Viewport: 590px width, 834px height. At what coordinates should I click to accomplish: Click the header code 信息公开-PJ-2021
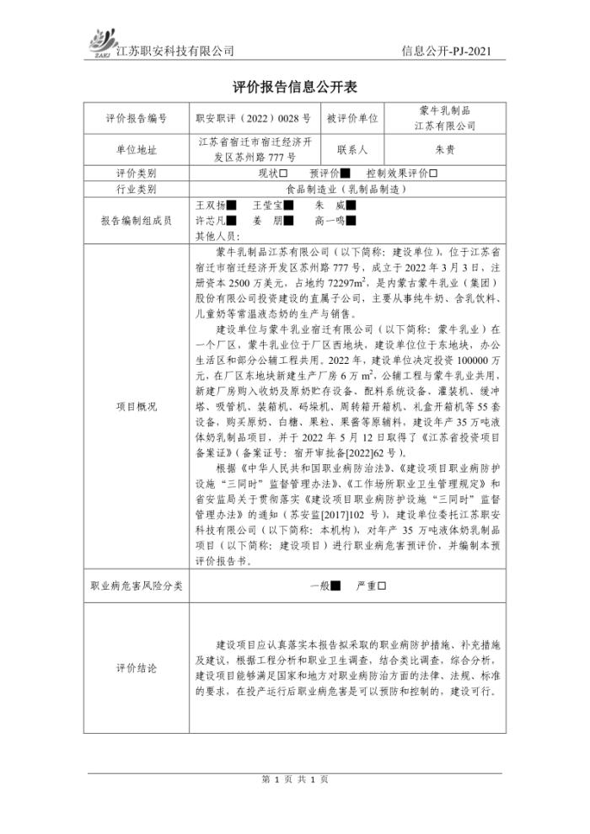pyautogui.click(x=446, y=51)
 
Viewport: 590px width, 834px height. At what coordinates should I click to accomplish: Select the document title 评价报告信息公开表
pyautogui.click(x=294, y=87)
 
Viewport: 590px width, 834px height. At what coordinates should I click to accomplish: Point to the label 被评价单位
pyautogui.click(x=353, y=119)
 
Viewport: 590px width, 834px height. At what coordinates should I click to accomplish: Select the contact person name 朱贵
pyautogui.click(x=444, y=150)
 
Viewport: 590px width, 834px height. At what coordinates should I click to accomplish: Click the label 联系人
pyautogui.click(x=353, y=150)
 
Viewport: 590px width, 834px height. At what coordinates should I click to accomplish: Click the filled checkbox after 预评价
pyautogui.click(x=333, y=174)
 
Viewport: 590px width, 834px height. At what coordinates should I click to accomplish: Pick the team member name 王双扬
pyautogui.click(x=211, y=205)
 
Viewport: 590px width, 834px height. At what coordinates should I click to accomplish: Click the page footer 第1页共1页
pyautogui.click(x=294, y=778)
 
